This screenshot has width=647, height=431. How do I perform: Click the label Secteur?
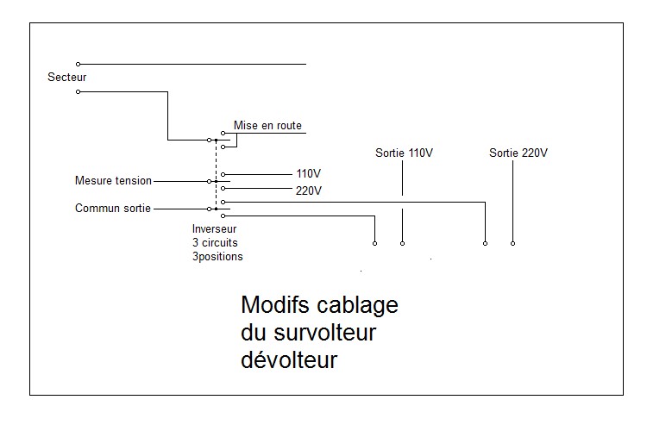click(x=66, y=77)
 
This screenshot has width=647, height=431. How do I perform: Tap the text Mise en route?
click(x=267, y=125)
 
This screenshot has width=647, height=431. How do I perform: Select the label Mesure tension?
click(x=113, y=181)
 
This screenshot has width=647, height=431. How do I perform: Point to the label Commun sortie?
click(x=113, y=209)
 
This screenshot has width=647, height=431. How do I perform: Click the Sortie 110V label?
click(x=404, y=153)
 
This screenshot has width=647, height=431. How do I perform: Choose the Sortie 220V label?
click(x=518, y=153)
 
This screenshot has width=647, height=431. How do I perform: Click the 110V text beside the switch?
click(x=308, y=173)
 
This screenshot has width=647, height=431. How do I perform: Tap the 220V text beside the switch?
click(x=309, y=191)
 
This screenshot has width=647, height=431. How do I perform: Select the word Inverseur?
click(x=214, y=229)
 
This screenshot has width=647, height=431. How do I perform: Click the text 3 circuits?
click(x=215, y=242)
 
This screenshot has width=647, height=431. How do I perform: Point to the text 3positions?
click(x=217, y=257)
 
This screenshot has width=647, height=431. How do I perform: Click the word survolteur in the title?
click(x=325, y=333)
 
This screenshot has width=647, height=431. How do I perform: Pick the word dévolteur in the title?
click(x=289, y=359)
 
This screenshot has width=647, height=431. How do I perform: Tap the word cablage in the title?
click(x=357, y=306)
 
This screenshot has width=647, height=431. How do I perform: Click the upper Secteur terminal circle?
click(x=78, y=64)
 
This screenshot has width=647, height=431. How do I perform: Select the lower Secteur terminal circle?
click(x=78, y=91)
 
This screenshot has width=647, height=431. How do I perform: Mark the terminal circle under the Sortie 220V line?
click(x=513, y=243)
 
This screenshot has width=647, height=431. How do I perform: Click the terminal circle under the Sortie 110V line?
click(x=402, y=243)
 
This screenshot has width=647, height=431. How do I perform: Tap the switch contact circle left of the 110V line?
click(x=223, y=174)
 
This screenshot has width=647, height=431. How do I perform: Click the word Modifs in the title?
click(x=275, y=305)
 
